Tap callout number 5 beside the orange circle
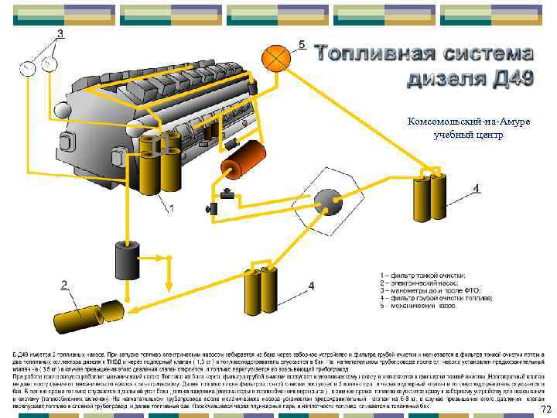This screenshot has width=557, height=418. (x=302, y=44)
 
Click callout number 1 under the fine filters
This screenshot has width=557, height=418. (x=171, y=208)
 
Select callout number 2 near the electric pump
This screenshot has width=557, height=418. (x=65, y=286)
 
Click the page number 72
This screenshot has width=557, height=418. (x=546, y=409)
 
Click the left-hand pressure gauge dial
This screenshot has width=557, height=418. (x=29, y=67)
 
